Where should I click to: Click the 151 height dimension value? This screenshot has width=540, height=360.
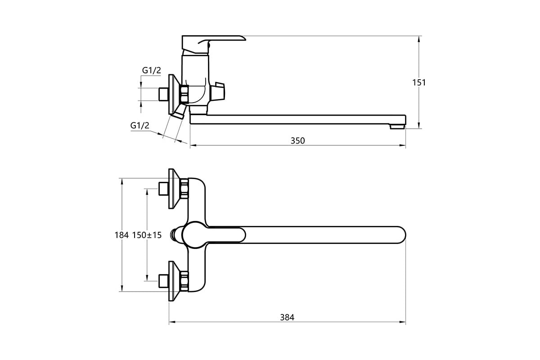point(419,83)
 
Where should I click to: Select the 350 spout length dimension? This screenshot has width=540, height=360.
point(298,141)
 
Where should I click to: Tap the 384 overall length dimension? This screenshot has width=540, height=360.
point(287,317)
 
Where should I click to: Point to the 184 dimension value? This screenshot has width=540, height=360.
point(121,235)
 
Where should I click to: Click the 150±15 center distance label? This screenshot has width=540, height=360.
point(147,235)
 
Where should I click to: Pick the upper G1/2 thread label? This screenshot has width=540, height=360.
point(151,70)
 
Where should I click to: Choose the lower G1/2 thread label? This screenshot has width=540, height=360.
point(140,126)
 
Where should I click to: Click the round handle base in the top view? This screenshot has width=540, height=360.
point(195,235)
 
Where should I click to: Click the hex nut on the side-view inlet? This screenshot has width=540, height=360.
point(184,94)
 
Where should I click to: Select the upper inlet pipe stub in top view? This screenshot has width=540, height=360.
point(163,189)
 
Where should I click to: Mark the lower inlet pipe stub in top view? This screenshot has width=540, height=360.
point(163,281)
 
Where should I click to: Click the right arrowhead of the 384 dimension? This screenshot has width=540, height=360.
point(403,322)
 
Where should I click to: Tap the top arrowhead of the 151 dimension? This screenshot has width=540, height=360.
point(419,39)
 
